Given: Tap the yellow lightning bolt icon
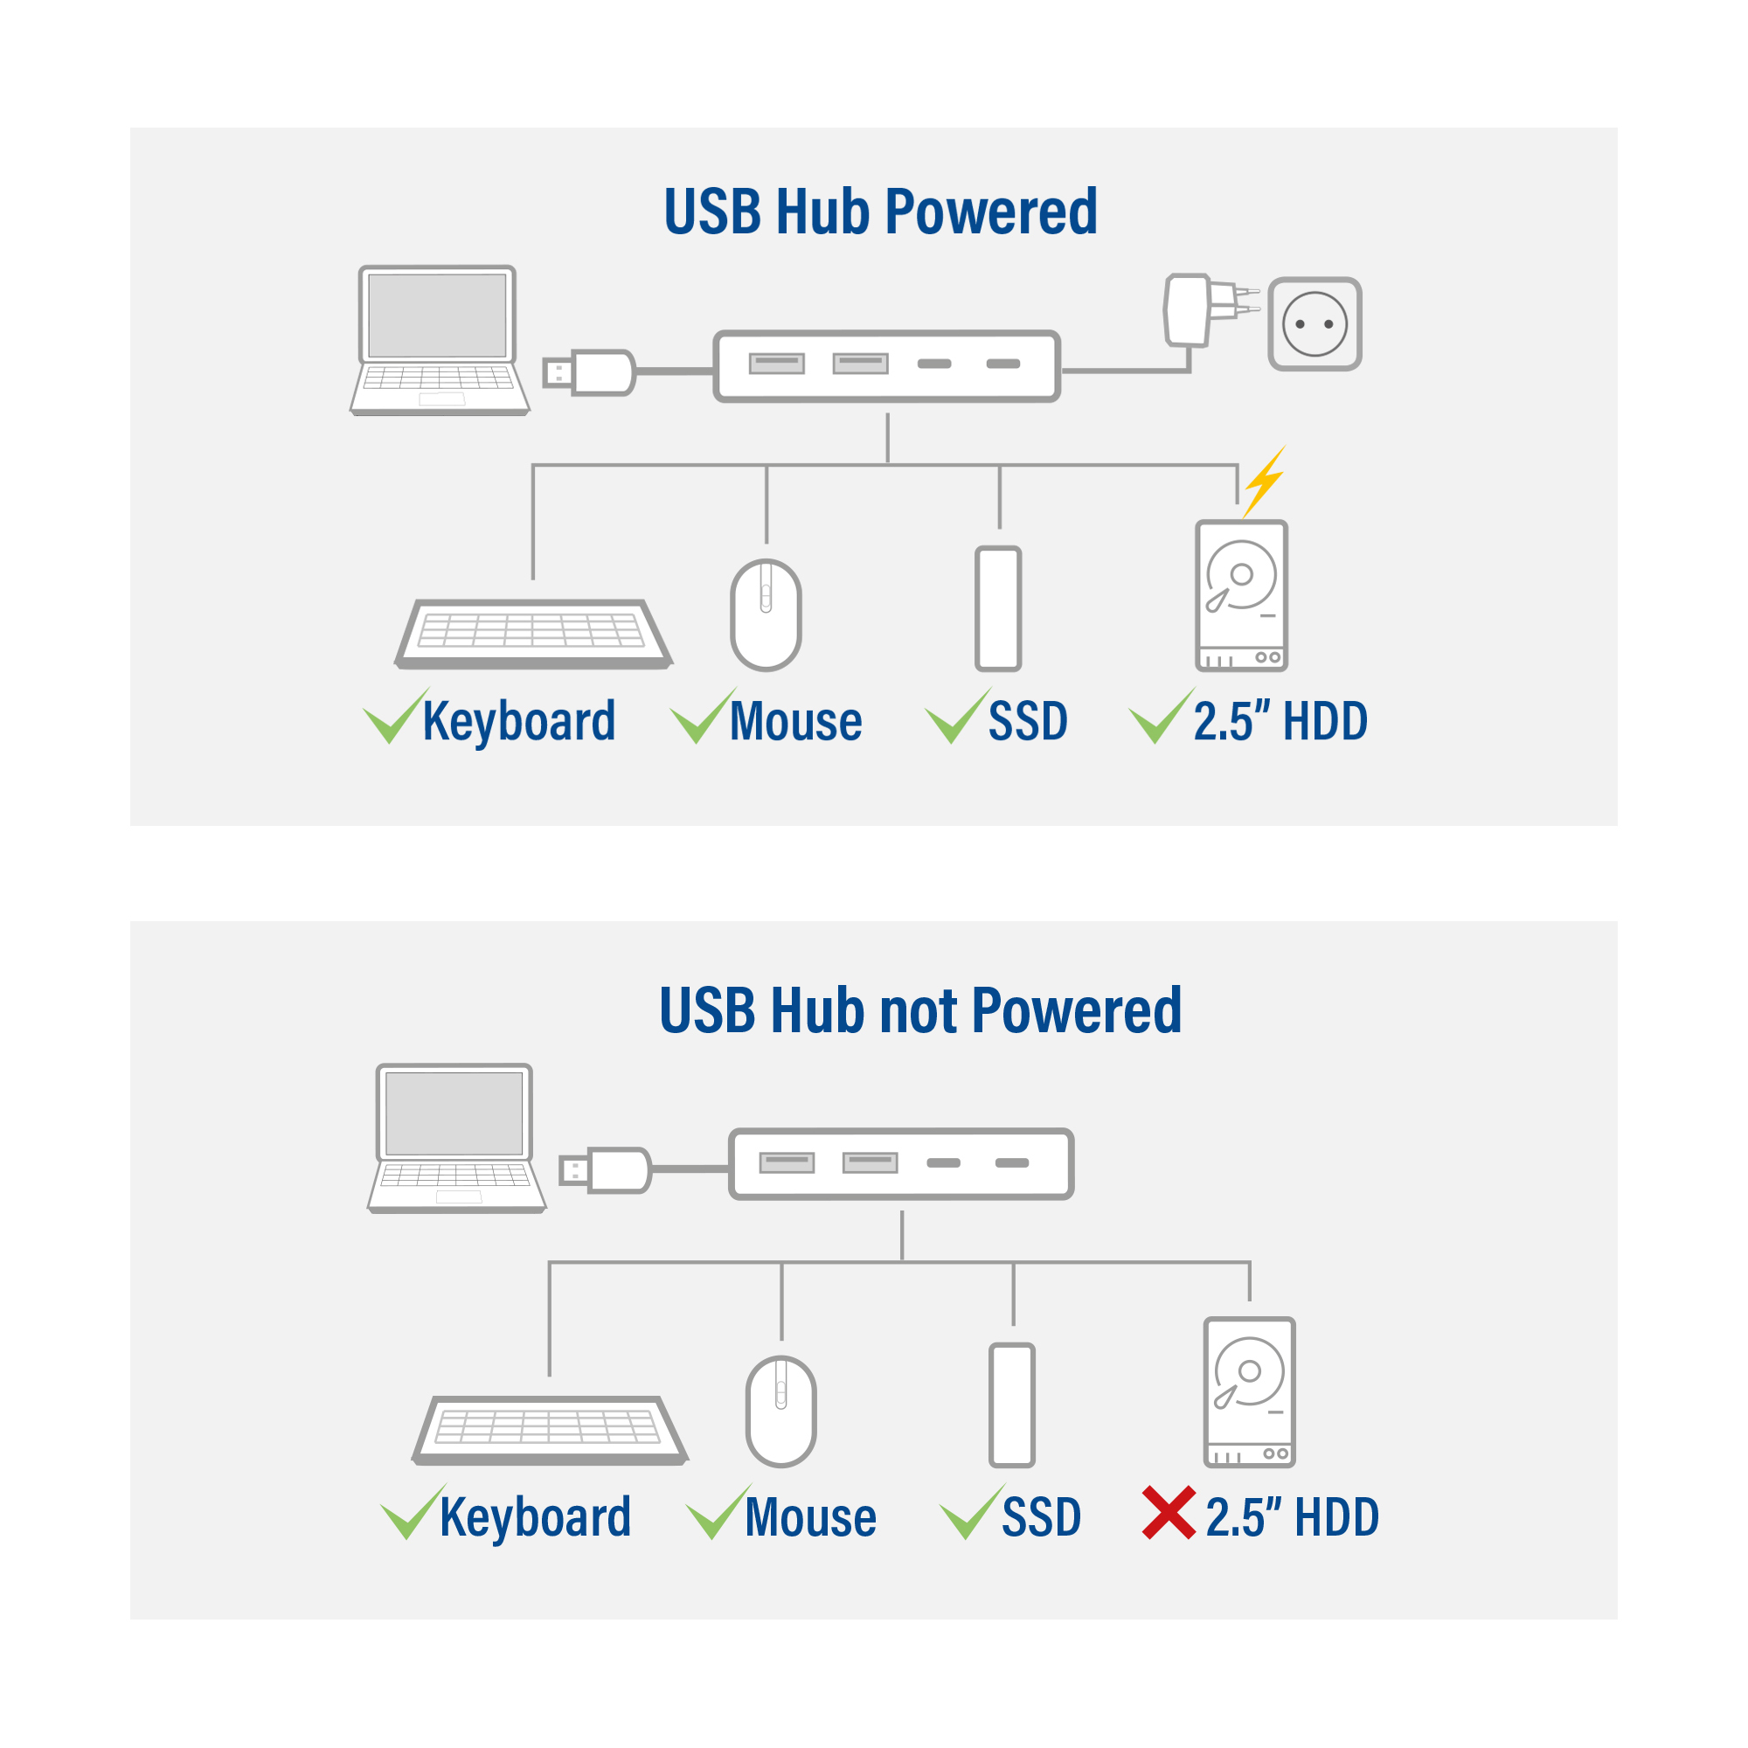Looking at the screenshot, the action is coord(1264,482).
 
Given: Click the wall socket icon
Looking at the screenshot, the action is coord(1314,324).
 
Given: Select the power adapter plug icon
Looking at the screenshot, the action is coord(1209,309).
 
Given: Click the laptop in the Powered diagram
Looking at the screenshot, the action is coord(439,340).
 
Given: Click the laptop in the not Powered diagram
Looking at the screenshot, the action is coord(456,1138).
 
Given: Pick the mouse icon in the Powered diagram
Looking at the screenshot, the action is coord(766,614).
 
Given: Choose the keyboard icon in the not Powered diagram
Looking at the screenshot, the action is coord(549,1430).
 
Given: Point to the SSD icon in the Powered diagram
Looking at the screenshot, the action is coord(998,609).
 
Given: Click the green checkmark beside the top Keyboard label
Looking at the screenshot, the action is coord(395,716).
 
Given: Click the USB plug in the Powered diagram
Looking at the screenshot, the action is coord(589,373).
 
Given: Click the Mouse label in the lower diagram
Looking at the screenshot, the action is coord(811,1517).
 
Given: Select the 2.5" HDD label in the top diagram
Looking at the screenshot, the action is coord(1280,721).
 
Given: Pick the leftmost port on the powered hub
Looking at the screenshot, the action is coord(776,364).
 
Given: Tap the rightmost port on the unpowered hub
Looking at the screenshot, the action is coord(1011,1162).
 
